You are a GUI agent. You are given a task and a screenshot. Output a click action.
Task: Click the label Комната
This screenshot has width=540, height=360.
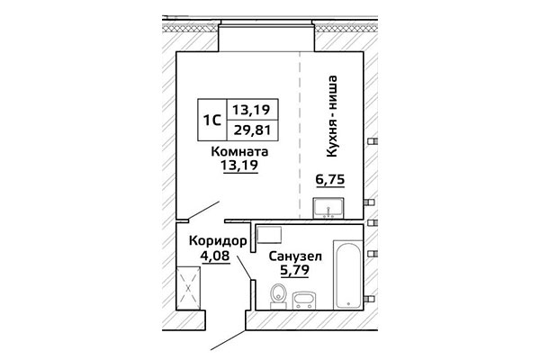(x=239, y=151)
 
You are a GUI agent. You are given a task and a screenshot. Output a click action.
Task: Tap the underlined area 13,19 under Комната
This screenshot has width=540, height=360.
(x=240, y=166)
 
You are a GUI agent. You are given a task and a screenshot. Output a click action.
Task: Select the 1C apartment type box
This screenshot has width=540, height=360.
(x=212, y=120)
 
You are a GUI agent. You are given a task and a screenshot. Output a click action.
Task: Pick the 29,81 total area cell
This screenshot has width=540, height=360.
(x=252, y=130)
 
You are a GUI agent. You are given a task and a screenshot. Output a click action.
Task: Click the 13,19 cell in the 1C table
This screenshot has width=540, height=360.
(x=252, y=110)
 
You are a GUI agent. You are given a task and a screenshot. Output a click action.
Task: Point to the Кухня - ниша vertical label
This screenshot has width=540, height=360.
(x=331, y=116)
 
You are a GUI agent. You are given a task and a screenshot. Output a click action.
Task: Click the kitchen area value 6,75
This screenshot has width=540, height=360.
(x=330, y=179)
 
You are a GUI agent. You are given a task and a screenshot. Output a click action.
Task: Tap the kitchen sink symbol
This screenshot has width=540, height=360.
(x=328, y=208)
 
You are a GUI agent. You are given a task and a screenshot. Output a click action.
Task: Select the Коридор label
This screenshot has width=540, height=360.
(x=218, y=241)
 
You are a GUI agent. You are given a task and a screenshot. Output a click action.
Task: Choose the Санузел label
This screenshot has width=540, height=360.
(x=295, y=256)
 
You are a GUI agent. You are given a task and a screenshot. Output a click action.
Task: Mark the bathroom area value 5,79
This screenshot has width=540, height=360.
(x=294, y=270)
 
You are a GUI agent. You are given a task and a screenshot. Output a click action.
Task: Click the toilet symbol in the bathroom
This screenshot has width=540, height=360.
(x=278, y=296)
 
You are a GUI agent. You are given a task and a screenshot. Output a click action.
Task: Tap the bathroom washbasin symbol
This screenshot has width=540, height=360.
(x=304, y=301)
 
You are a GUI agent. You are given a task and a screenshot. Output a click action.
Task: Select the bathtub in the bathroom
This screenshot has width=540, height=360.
(x=348, y=274)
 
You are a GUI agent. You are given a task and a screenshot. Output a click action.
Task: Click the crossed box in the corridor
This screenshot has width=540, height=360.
(x=188, y=288)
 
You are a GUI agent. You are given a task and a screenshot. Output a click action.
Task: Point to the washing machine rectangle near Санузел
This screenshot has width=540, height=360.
(x=269, y=235)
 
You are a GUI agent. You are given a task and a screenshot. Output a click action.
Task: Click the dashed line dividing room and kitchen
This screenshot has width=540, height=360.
(x=300, y=135)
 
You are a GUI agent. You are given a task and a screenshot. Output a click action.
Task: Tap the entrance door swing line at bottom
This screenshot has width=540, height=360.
(x=229, y=340)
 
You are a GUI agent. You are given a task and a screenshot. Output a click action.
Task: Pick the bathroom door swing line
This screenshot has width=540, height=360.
(x=244, y=267)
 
